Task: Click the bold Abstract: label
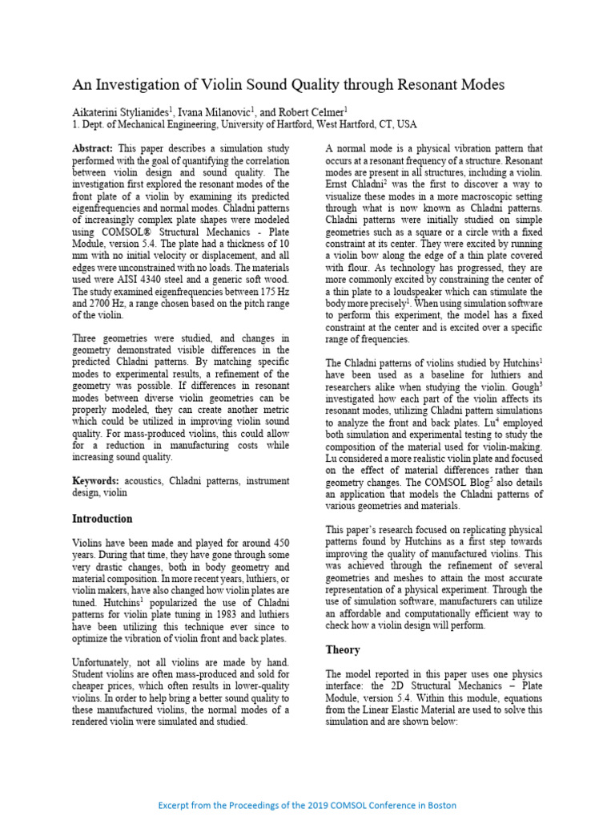[x=94, y=148]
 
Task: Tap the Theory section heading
[x=343, y=649]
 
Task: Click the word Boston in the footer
[x=440, y=804]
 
